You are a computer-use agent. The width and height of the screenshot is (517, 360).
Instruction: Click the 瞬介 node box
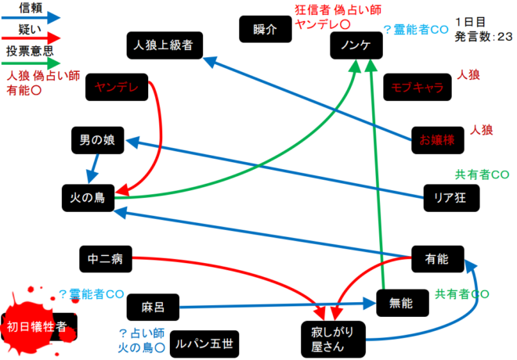[x=266, y=30]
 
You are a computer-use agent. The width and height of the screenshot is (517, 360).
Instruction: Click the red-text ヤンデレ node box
[x=117, y=88]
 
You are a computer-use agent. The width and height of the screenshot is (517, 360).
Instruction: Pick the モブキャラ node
[x=418, y=88]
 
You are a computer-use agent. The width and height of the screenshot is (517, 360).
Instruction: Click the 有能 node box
[x=437, y=257]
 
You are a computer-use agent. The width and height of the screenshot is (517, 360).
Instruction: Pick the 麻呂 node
[x=152, y=304]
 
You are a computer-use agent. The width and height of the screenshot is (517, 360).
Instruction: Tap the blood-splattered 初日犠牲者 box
[x=38, y=323]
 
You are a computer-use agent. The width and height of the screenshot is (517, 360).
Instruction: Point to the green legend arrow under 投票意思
[x=31, y=63]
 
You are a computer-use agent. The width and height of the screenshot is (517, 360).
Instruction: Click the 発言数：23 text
[x=483, y=35]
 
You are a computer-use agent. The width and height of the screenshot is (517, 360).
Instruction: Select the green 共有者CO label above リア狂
[x=482, y=174]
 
